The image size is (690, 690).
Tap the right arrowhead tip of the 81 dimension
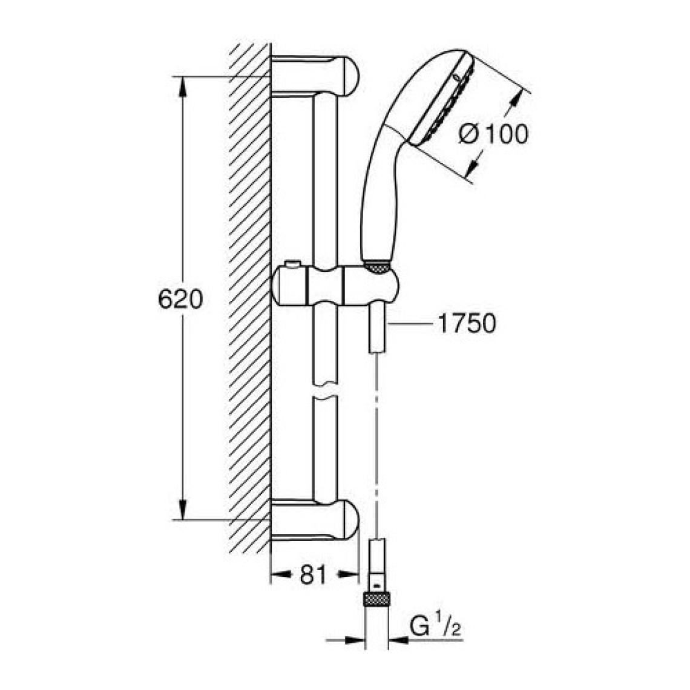tap(359, 573)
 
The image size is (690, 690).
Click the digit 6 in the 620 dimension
tap(165, 300)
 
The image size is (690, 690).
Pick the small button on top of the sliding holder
tap(291, 264)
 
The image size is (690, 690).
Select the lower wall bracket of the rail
tap(315, 520)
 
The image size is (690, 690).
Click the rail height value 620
tap(180, 300)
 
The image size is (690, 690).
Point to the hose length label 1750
tap(467, 323)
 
